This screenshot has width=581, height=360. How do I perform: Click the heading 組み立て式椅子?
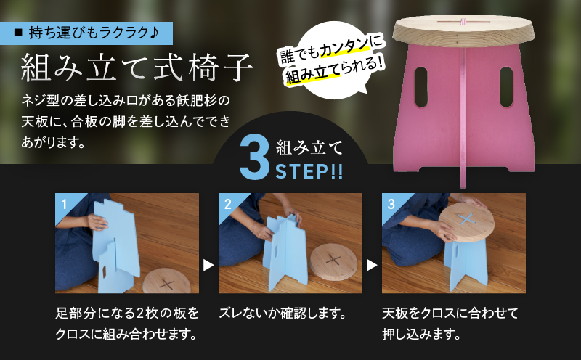pyautogui.click(x=137, y=70)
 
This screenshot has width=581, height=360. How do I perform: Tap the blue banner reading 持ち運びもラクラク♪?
pyautogui.click(x=93, y=33)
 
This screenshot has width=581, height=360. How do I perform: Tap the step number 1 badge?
pyautogui.click(x=64, y=203)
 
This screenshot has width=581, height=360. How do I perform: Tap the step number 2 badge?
pyautogui.click(x=227, y=203)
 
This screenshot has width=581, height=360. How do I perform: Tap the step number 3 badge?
pyautogui.click(x=391, y=203)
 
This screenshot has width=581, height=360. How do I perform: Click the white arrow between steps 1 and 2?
pyautogui.click(x=208, y=266)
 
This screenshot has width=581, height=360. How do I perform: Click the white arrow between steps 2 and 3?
pyautogui.click(x=372, y=266)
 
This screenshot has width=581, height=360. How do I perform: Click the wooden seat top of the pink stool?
pyautogui.click(x=463, y=30)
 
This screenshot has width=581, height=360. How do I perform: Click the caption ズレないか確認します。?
pyautogui.click(x=281, y=315)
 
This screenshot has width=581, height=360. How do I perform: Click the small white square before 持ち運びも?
pyautogui.click(x=20, y=33)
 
